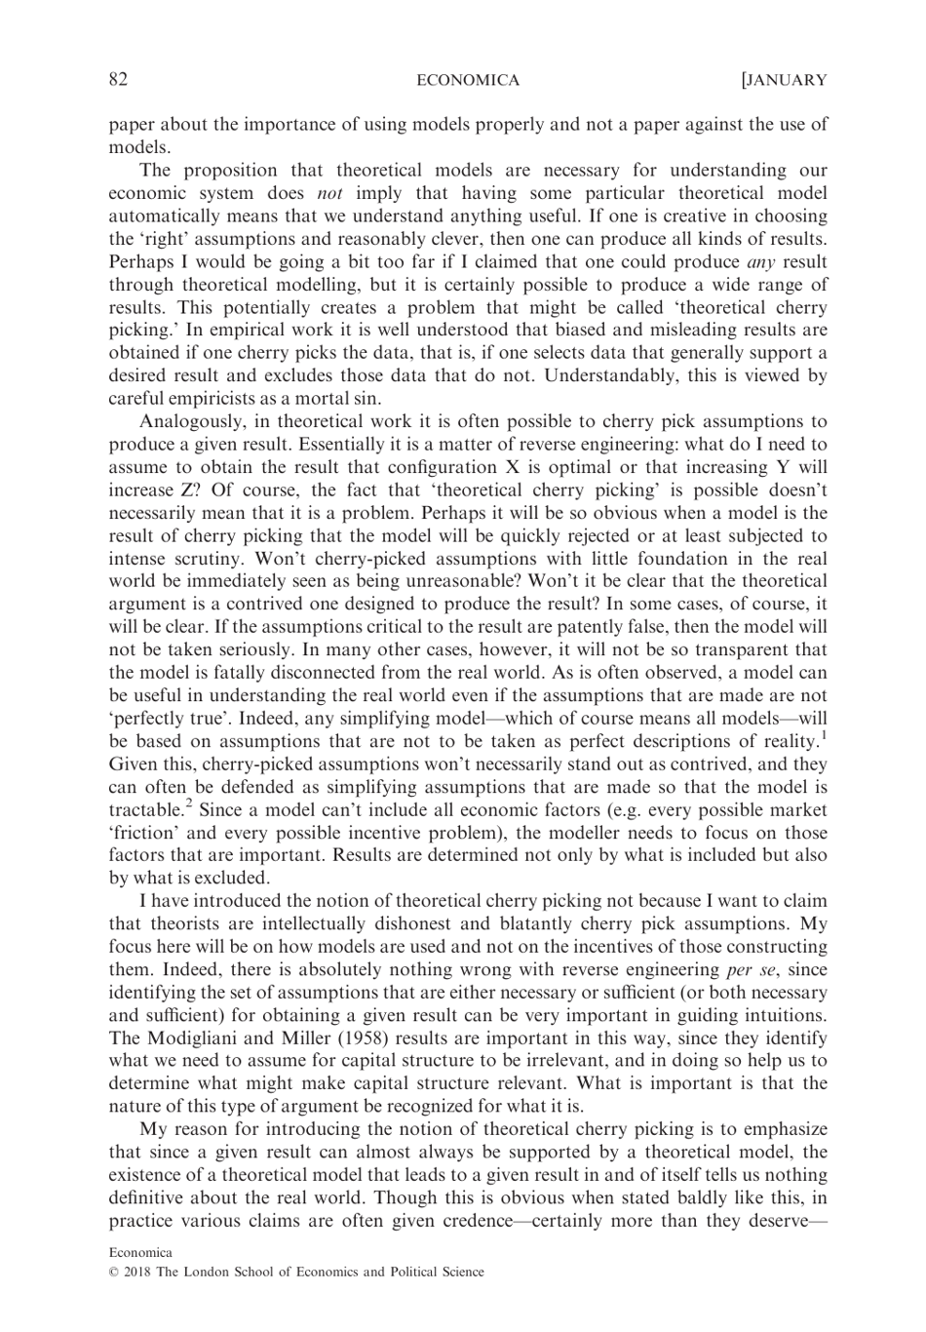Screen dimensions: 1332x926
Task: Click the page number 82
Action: (118, 80)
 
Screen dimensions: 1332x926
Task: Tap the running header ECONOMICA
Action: (468, 80)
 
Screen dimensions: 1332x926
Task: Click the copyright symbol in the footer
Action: (113, 1272)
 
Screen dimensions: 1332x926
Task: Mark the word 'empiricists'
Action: (206, 399)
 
